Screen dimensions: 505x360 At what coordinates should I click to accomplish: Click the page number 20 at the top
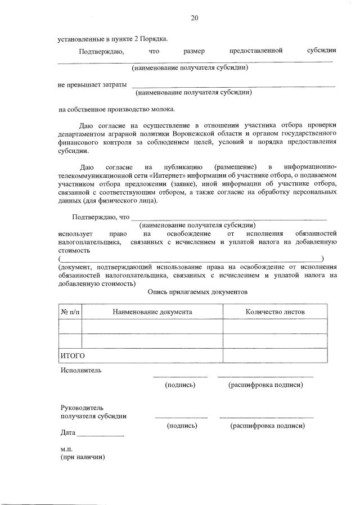[194, 18]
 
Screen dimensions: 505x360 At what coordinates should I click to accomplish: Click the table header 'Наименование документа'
[152, 311]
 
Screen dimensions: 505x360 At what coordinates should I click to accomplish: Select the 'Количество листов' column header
[275, 311]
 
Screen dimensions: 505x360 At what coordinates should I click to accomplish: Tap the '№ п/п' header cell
[70, 311]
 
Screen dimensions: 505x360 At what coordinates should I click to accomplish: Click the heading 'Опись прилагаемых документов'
[197, 292]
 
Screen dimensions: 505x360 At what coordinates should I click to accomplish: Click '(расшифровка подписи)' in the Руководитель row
[268, 426]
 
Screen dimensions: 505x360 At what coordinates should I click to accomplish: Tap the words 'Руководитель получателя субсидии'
[93, 412]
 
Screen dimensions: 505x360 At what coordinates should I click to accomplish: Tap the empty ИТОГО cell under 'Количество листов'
[275, 356]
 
